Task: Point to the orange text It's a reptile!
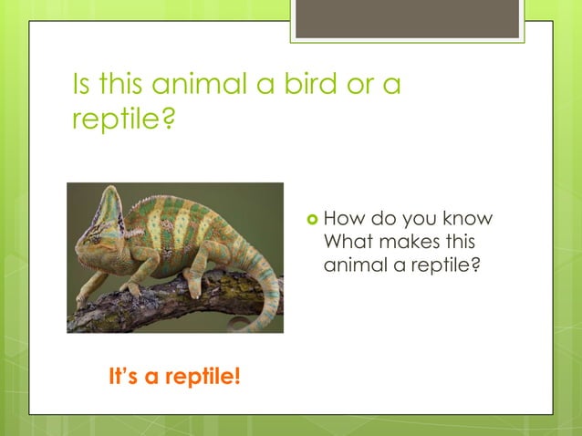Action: [x=174, y=376]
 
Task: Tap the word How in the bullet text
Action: [x=342, y=219]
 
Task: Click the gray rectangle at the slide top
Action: [x=407, y=18]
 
